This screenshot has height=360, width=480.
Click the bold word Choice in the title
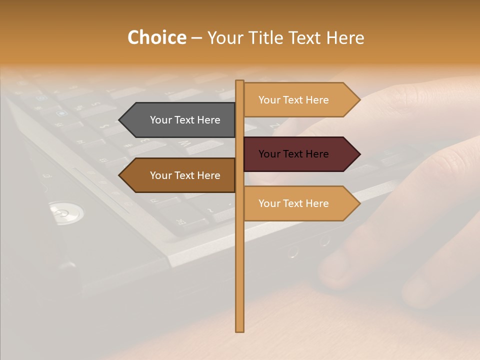[156, 37]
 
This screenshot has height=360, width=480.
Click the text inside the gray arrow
[185, 120]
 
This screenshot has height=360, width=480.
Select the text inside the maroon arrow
[293, 154]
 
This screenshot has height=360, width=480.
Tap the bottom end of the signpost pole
[239, 329]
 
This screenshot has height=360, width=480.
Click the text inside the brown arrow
[185, 175]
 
